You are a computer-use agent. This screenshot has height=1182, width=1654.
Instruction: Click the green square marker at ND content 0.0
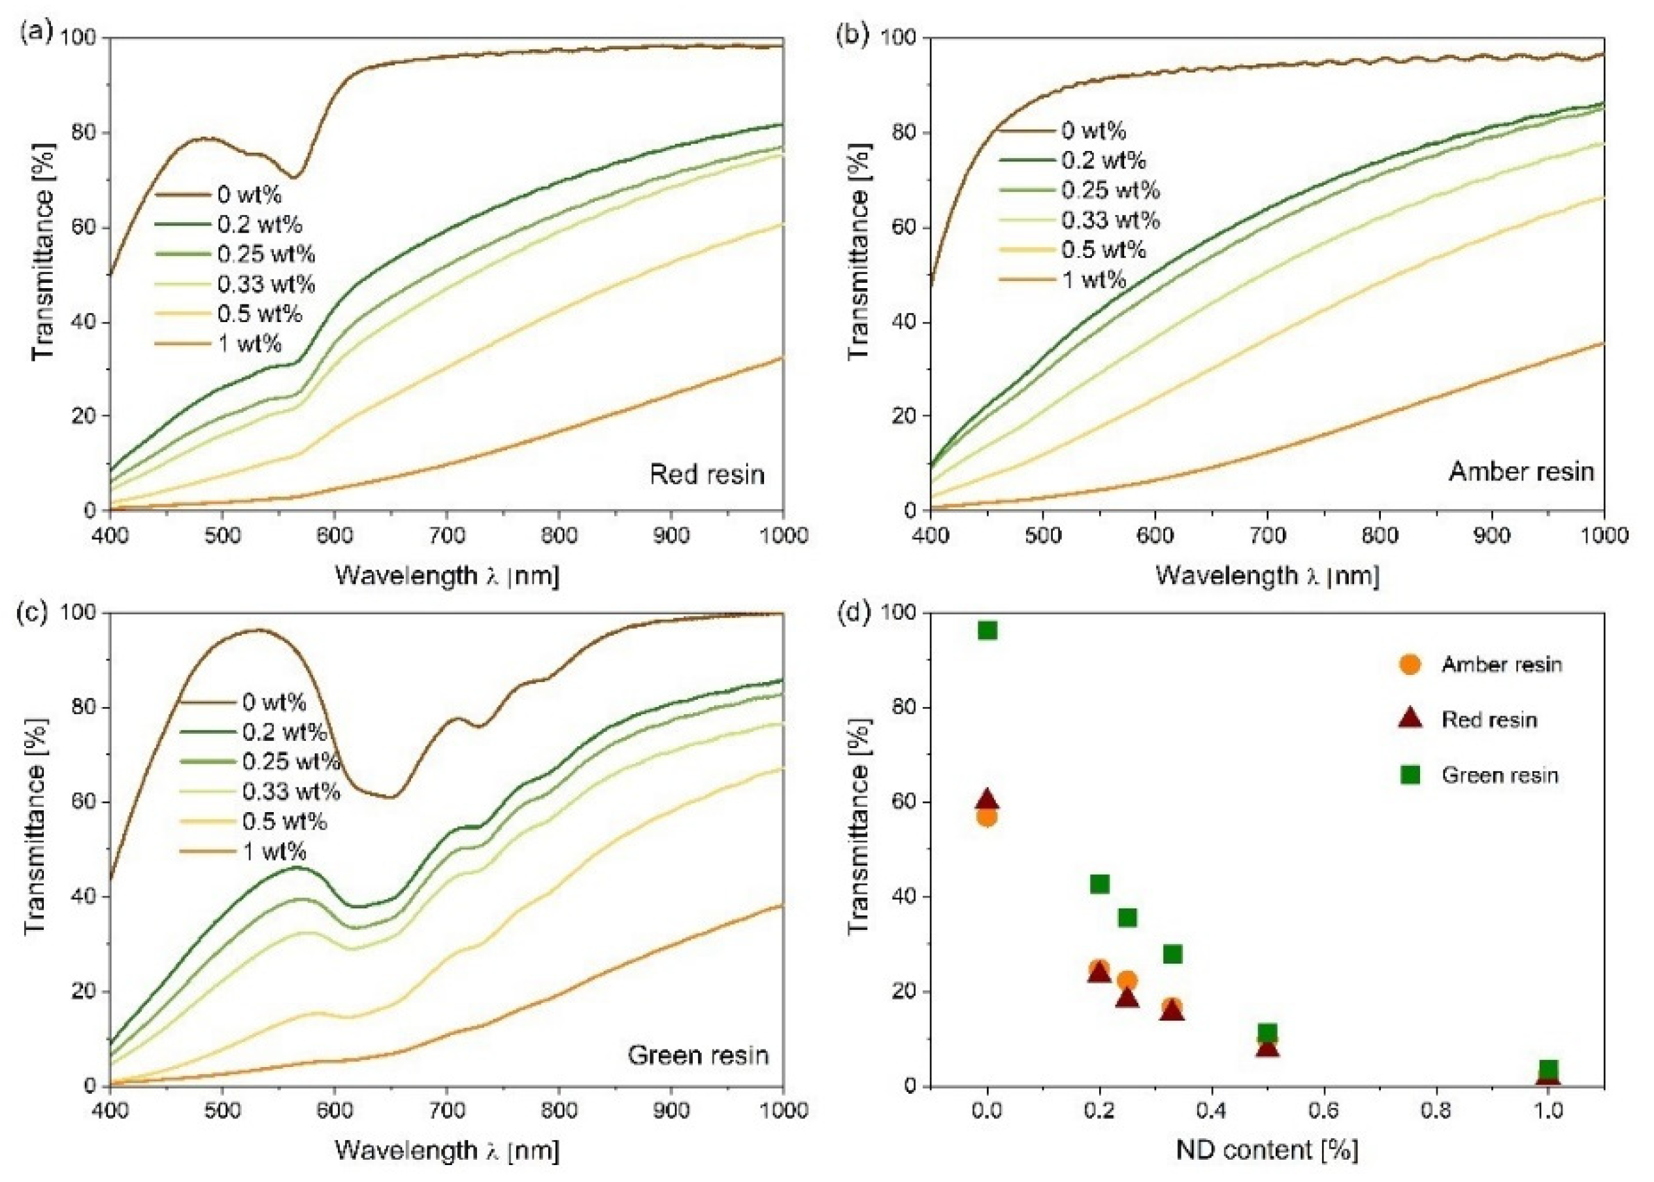pos(987,631)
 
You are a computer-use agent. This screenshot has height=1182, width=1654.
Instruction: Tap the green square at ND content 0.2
pos(1099,884)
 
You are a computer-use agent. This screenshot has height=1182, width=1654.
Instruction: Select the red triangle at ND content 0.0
pos(987,799)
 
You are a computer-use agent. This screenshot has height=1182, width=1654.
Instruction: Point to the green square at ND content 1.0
pos(1548,1069)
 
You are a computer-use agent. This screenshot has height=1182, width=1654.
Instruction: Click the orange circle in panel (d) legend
pos(1410,664)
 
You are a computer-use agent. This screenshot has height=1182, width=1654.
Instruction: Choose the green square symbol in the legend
pos(1410,775)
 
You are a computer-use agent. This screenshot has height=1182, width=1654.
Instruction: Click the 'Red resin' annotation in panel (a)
pos(707,474)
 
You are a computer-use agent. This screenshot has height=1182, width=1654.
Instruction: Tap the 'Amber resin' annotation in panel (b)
pos(1521,472)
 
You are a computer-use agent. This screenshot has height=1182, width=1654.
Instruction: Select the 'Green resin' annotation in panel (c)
pos(698,1055)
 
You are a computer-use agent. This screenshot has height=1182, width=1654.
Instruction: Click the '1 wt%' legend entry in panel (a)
pos(249,344)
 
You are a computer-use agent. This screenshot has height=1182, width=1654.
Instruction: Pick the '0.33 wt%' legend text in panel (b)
pos(1110,220)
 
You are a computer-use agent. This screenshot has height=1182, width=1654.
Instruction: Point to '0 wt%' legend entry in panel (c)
pos(274,703)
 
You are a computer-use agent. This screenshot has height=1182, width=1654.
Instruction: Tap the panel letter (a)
pos(37,33)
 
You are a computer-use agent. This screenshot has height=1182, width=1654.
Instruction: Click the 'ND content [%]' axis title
pos(1267,1149)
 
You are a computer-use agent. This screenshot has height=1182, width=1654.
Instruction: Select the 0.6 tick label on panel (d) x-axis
pos(1323,1111)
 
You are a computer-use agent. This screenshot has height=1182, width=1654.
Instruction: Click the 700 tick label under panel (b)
pos(1267,536)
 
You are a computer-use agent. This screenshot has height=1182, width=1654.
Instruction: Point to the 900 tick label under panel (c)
pos(670,1111)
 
